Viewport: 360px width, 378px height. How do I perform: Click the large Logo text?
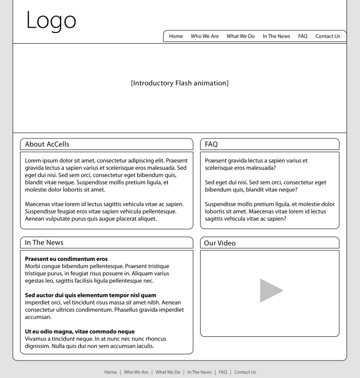click(51, 21)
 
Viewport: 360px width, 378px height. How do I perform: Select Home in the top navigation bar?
click(176, 37)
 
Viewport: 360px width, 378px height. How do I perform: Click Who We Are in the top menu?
click(205, 37)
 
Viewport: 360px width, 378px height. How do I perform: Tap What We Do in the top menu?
click(241, 37)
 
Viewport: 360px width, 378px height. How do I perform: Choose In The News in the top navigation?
click(276, 37)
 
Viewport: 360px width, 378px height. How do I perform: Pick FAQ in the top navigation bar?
click(302, 37)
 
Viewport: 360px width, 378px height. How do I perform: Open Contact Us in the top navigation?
click(328, 37)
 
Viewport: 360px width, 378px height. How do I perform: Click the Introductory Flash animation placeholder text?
click(179, 83)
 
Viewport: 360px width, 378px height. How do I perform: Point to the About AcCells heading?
click(47, 145)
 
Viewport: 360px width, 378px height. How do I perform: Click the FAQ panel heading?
click(211, 145)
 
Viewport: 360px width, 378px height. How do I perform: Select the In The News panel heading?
click(44, 243)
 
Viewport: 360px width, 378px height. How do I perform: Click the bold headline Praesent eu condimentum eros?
click(66, 259)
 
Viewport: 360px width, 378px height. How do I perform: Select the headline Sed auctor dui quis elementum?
click(91, 295)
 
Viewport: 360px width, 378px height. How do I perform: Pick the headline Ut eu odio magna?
click(80, 332)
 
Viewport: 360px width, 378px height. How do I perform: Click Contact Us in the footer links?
click(245, 372)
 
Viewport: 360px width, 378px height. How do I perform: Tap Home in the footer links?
click(111, 372)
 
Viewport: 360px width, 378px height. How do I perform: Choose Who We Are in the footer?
click(136, 372)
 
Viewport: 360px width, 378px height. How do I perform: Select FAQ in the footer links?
click(223, 372)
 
